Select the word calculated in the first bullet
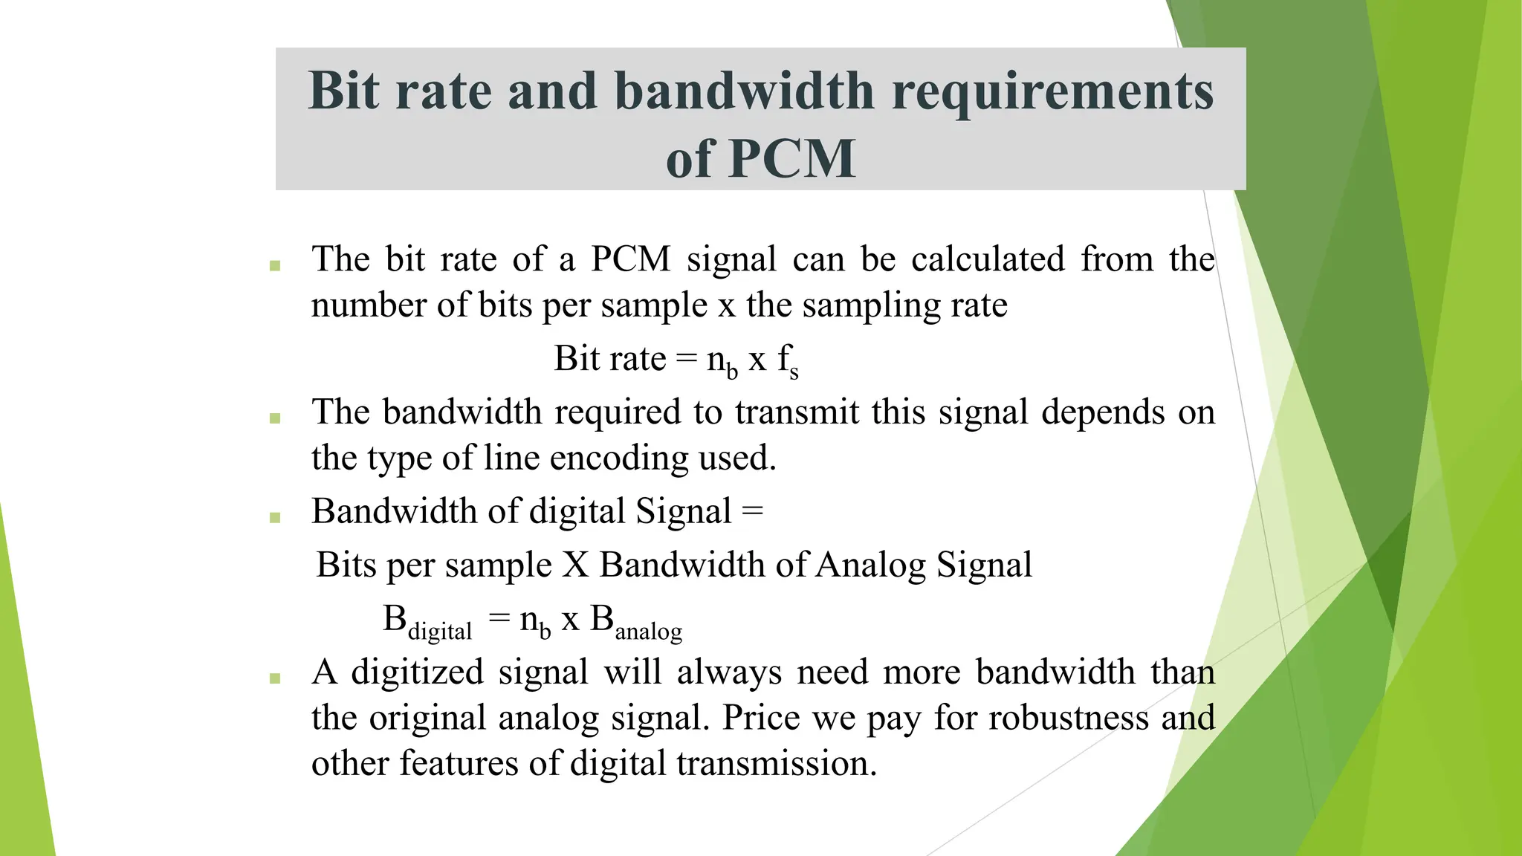click(988, 259)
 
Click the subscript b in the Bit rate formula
click(732, 372)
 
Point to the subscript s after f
click(794, 374)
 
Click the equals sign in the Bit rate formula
click(686, 359)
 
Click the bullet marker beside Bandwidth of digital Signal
click(275, 517)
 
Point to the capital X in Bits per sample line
click(575, 565)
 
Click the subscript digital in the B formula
click(440, 632)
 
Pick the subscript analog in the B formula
click(648, 632)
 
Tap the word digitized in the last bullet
click(417, 672)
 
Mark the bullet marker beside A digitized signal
click(275, 678)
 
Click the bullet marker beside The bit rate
click(275, 265)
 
